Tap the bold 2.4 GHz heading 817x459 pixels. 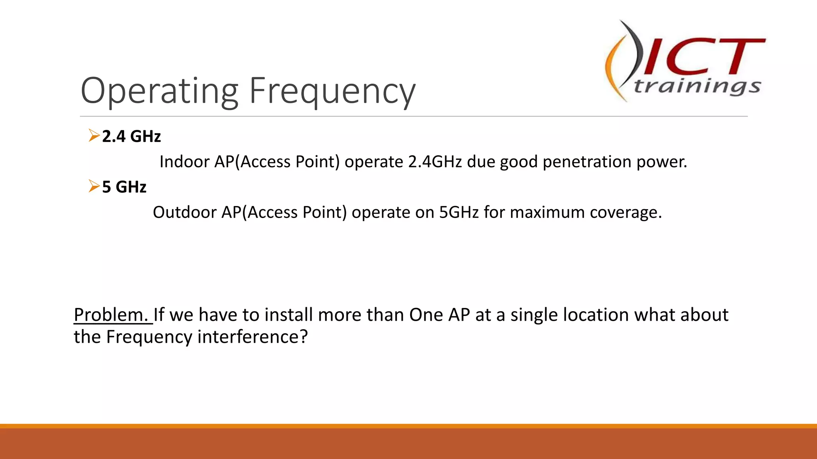131,136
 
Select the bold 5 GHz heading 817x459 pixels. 124,187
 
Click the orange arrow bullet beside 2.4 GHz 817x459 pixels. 94,135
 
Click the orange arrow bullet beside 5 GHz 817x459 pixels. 94,186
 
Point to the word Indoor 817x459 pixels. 184,162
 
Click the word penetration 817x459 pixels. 587,162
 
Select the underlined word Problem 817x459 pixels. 111,315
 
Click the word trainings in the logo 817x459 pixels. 697,86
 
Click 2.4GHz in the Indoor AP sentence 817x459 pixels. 435,162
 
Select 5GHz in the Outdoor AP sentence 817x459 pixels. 459,212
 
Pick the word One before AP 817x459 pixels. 426,315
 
